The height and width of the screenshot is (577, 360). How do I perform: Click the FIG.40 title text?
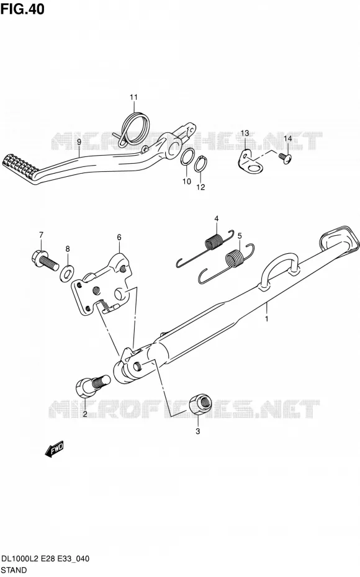click(22, 9)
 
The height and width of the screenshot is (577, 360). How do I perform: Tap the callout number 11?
click(133, 97)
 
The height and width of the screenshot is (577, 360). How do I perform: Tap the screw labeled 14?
click(286, 157)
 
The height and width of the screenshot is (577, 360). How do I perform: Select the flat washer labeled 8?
click(66, 272)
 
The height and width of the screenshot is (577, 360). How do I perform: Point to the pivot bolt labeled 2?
click(92, 385)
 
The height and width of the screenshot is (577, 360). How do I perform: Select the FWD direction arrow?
click(54, 449)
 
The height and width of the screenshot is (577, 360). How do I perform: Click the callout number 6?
click(119, 238)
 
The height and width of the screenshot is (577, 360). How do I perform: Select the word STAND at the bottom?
click(14, 570)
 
